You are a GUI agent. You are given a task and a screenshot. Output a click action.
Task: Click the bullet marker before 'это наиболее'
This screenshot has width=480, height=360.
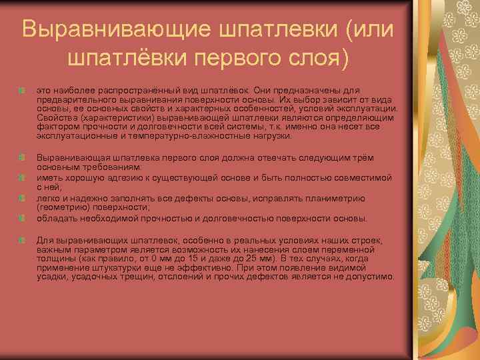pyautogui.click(x=24, y=89)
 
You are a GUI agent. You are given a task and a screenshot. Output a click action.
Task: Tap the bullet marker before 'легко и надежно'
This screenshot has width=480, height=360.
pyautogui.click(x=24, y=198)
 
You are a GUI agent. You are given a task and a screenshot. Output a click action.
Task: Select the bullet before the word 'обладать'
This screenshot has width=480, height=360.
pyautogui.click(x=24, y=218)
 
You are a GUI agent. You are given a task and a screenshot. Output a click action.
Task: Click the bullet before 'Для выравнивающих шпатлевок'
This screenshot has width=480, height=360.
pyautogui.click(x=24, y=239)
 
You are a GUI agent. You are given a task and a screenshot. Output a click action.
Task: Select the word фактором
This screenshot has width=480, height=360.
pyautogui.click(x=55, y=126)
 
